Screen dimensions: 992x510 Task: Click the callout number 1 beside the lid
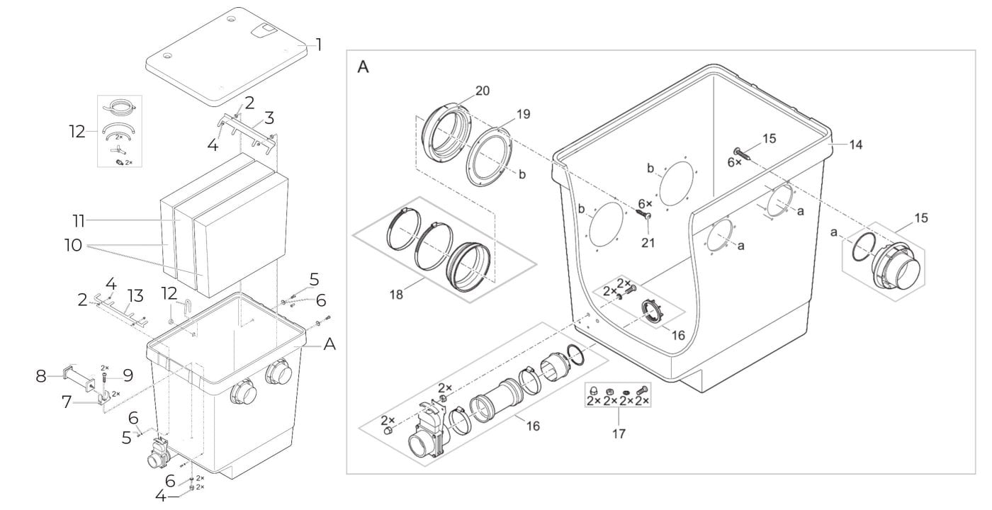pos(318,45)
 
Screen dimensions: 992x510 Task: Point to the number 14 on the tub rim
pos(856,144)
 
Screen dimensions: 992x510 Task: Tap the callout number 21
pos(648,242)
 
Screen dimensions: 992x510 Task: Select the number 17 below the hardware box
pos(619,433)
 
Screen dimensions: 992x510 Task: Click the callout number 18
pos(396,295)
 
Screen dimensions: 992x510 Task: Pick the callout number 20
pos(483,91)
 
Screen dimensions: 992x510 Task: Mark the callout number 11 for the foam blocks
pos(79,220)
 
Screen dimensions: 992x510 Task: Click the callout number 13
pos(135,296)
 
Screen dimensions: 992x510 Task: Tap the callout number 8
pos(41,376)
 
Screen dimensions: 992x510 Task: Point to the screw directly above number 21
pos(643,213)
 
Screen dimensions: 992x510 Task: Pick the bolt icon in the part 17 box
pos(641,390)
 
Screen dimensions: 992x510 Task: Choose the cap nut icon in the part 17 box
pos(594,390)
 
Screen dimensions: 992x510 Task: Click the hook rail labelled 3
pos(247,131)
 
